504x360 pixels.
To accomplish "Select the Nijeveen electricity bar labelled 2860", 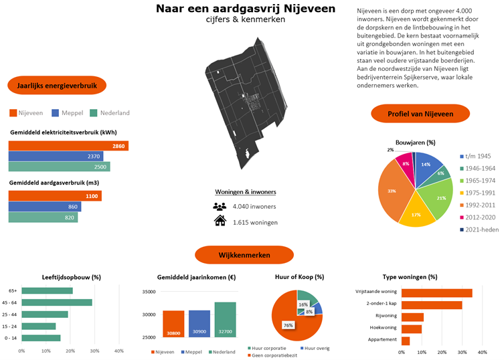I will pyautogui.click(x=68, y=146).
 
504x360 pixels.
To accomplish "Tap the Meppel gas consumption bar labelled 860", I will pyautogui.click(x=45, y=207).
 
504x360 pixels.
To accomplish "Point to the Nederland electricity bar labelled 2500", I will pyautogui.click(x=59, y=167).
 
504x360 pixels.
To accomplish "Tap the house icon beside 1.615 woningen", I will pyautogui.click(x=220, y=221).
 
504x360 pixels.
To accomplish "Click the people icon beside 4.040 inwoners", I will pyautogui.click(x=220, y=206).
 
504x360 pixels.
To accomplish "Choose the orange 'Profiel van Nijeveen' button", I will pyautogui.click(x=420, y=114).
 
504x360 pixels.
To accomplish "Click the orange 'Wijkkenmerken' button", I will pyautogui.click(x=244, y=256).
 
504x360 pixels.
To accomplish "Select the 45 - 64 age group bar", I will pyautogui.click(x=56, y=302).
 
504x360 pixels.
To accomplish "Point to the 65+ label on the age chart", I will pyautogui.click(x=13, y=290).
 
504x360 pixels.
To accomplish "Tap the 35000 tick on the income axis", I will pyautogui.click(x=149, y=292).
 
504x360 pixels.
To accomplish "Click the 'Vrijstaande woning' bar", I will pyautogui.click(x=437, y=292).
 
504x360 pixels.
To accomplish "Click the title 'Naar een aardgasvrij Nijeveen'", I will pyautogui.click(x=246, y=9).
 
